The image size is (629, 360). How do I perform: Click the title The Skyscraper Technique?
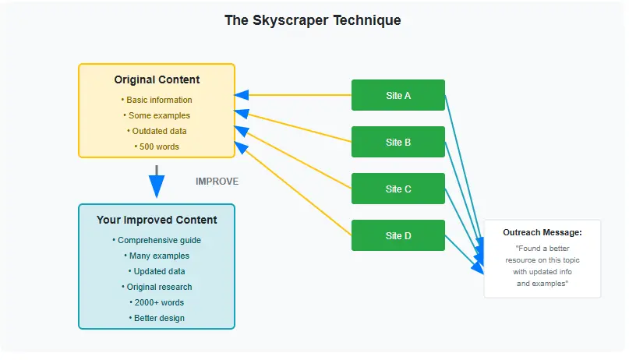[x=313, y=20]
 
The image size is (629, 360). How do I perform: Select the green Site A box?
[x=398, y=95]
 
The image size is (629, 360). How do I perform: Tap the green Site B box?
[x=398, y=142]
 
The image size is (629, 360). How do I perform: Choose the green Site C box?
[x=398, y=189]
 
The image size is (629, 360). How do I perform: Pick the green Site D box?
[x=398, y=235]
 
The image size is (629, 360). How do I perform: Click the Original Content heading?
[x=157, y=79]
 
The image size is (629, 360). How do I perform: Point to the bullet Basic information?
[x=157, y=100]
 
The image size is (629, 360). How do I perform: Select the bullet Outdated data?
[x=157, y=131]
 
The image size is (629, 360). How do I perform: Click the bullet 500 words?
[x=157, y=146]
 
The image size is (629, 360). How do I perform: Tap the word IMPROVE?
[x=217, y=182]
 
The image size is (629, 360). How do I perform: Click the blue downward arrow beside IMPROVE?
[x=157, y=184]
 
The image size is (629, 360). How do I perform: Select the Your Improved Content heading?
[x=157, y=220]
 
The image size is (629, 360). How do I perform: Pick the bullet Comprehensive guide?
[x=157, y=240]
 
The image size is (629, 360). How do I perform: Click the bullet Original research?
[x=157, y=287]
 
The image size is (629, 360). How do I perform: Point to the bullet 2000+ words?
[x=157, y=302]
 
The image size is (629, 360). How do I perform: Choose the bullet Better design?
[x=157, y=318]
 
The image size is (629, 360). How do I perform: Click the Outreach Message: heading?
[x=542, y=232]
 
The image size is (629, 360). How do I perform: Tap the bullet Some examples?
[x=157, y=115]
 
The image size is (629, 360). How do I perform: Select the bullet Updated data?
[x=157, y=271]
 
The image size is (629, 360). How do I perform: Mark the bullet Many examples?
[x=157, y=256]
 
